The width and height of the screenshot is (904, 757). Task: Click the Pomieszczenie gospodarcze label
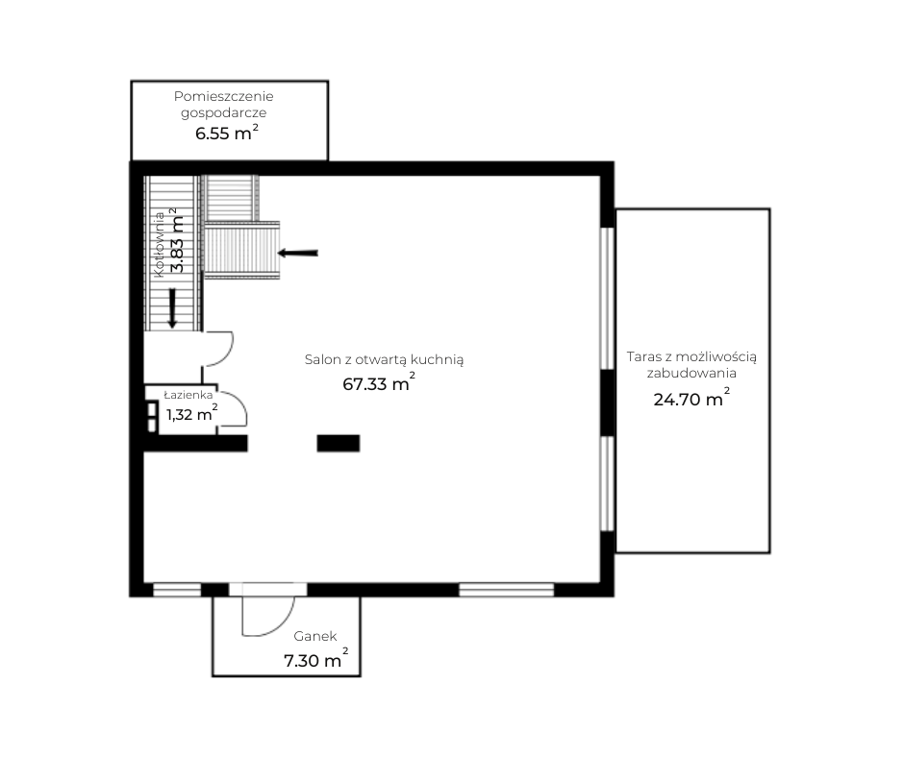[224, 105]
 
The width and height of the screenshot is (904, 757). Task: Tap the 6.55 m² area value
[227, 133]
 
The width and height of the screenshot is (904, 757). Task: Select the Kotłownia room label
[159, 244]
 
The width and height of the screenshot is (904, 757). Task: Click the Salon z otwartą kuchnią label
[384, 359]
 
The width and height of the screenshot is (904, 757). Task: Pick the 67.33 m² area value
[379, 382]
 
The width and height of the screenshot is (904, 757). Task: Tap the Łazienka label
[188, 395]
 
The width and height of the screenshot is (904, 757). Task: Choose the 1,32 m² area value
[192, 413]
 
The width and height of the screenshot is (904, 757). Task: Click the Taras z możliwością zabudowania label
[691, 364]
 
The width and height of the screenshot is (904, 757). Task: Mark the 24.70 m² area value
[691, 398]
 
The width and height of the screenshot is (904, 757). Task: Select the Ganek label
[314, 636]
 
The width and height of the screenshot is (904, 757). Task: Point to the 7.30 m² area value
[316, 659]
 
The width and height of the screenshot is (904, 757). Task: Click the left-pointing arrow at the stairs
[297, 253]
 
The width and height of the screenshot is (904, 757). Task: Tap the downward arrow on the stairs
[172, 308]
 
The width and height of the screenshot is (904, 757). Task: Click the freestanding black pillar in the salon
[339, 443]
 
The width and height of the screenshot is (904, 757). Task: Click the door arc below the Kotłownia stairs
[226, 353]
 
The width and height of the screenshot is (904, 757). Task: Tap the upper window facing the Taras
[607, 298]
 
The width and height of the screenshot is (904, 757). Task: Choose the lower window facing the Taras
[607, 483]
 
